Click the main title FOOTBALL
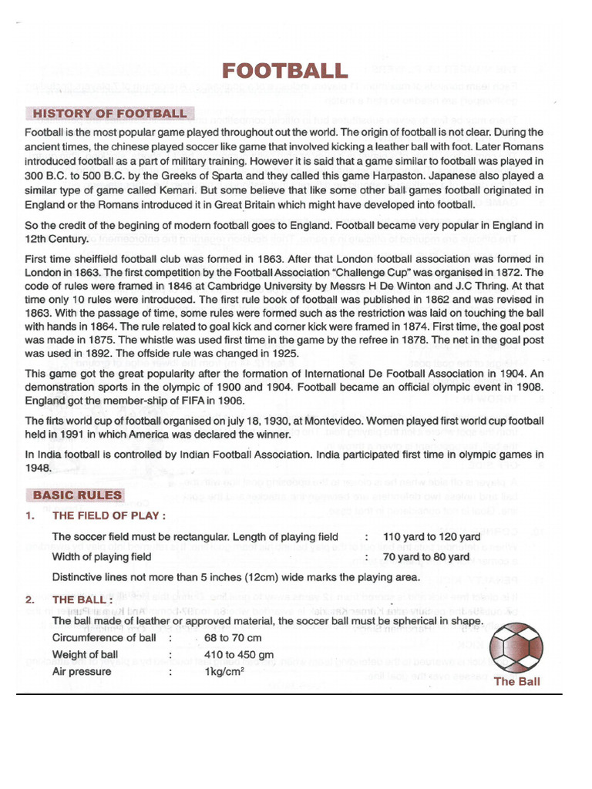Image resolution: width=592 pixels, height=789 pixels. (284, 72)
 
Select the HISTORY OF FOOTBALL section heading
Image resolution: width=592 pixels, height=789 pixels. (109, 114)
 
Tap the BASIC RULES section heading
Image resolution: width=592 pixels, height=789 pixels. (76, 495)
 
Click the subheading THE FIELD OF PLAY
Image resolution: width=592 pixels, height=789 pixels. (108, 516)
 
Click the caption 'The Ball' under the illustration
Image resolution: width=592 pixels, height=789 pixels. (516, 681)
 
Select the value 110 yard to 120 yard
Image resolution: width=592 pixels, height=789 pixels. (431, 537)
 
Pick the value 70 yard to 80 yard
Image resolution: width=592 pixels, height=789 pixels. (425, 556)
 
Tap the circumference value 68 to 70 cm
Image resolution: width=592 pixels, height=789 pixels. (233, 638)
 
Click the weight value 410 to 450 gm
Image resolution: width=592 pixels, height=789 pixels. (239, 655)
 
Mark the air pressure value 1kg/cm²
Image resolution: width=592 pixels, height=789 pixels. (224, 672)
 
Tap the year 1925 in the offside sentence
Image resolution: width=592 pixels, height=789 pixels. (281, 354)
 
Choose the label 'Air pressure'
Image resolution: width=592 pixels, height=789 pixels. (81, 672)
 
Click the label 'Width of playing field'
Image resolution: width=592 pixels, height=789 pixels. (102, 556)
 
